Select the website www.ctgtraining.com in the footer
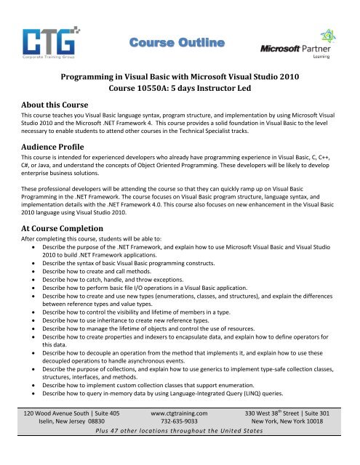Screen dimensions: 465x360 [179, 432]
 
